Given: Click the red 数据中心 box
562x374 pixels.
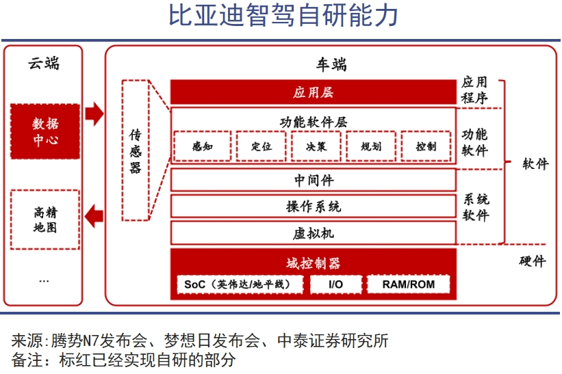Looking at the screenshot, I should [x=45, y=132].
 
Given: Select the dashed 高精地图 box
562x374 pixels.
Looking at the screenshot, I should [x=45, y=219].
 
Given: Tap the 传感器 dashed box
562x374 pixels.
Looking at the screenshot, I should [x=136, y=150].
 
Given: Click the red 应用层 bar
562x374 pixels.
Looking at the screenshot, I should [x=313, y=92].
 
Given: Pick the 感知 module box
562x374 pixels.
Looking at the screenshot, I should [x=202, y=146].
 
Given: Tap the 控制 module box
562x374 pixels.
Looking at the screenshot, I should [x=425, y=146].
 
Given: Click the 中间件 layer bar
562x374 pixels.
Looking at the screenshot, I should [x=313, y=180].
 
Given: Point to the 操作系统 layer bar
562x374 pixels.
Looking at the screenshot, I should [x=313, y=206].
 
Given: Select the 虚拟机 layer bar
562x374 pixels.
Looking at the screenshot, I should [x=313, y=232].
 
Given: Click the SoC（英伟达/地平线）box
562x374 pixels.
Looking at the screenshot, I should [x=240, y=284].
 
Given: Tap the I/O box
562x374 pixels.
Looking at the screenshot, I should [x=336, y=284].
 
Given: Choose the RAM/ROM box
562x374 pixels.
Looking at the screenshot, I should [x=409, y=284].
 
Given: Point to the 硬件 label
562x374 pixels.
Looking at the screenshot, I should [x=533, y=261].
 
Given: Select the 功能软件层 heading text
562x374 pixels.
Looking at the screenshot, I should [x=313, y=122].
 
